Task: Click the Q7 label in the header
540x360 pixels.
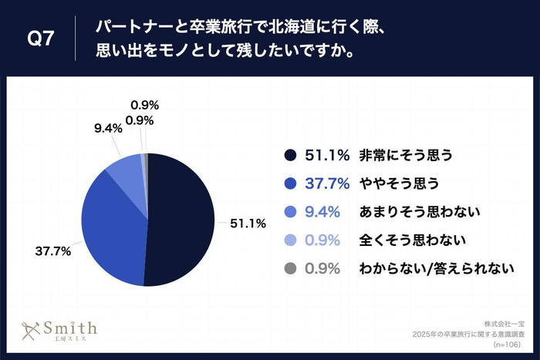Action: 40,39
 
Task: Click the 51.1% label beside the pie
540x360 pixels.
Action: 248,224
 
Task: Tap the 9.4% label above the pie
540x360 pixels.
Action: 108,130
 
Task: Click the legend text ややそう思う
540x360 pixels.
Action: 398,183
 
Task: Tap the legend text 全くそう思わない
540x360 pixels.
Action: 404,240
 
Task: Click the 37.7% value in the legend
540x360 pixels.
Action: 324,183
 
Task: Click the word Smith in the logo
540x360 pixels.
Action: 70,326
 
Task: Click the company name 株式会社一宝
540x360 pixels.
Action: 504,323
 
